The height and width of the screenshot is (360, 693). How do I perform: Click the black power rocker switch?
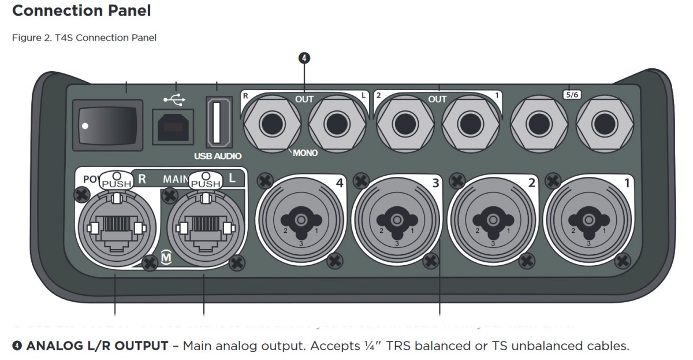pos(107,124)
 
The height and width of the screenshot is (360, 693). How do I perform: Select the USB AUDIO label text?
pos(218,156)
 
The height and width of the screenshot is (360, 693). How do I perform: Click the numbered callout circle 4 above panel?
pos(304,58)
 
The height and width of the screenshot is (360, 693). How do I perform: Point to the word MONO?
pos(305,153)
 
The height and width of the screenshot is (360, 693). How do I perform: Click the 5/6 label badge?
pos(571,94)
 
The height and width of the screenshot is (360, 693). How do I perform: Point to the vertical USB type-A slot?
pos(217,123)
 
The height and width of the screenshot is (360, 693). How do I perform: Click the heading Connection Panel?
pos(81,10)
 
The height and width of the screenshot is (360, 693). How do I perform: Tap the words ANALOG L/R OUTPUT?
pos(97,346)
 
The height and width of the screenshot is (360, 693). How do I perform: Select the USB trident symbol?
pos(174,100)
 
